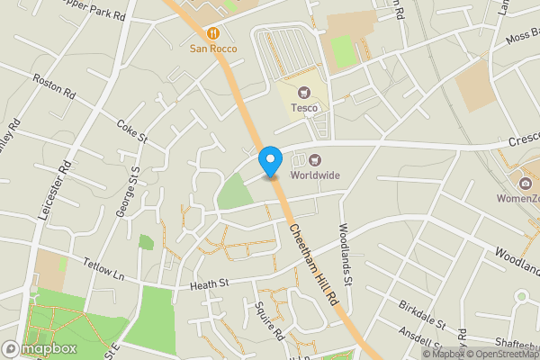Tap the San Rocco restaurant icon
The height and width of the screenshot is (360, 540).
[x=213, y=33]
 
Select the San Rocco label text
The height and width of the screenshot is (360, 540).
[x=213, y=49]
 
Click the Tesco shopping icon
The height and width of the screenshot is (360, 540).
[x=303, y=92]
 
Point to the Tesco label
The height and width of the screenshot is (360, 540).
[x=303, y=108]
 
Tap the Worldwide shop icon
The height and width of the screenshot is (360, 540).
[x=301, y=160]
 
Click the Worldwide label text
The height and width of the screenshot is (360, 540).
[x=314, y=175]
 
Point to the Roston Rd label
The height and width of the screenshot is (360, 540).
[x=53, y=87]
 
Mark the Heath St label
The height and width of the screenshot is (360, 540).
[x=210, y=284]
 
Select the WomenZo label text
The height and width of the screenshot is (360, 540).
[x=519, y=198]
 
